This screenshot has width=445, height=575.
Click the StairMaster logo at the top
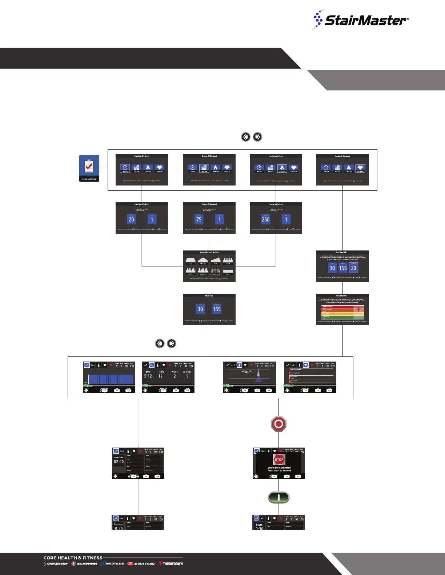(x=361, y=20)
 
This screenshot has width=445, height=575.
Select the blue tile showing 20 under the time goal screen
(x=131, y=219)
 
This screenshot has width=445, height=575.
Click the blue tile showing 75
(x=199, y=219)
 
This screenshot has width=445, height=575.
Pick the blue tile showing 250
(x=266, y=219)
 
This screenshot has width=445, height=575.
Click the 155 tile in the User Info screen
(x=217, y=309)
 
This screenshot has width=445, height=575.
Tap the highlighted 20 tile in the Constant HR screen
(x=353, y=268)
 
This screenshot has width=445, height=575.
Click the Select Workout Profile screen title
(x=209, y=252)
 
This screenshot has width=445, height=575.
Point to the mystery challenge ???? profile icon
(x=216, y=271)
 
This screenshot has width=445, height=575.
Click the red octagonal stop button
(x=279, y=424)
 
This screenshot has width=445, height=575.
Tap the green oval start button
(x=278, y=497)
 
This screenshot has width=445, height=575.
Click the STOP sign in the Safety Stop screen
(x=279, y=460)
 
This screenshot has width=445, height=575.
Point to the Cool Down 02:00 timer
(x=119, y=461)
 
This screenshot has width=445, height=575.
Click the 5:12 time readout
(x=148, y=376)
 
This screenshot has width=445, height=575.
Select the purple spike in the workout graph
(x=258, y=377)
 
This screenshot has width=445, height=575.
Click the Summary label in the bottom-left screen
(x=119, y=524)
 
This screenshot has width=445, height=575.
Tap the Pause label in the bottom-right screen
(x=259, y=525)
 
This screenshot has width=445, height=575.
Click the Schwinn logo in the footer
(x=84, y=564)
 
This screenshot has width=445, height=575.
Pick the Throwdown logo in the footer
(x=171, y=564)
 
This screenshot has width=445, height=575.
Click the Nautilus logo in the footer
(x=113, y=564)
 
